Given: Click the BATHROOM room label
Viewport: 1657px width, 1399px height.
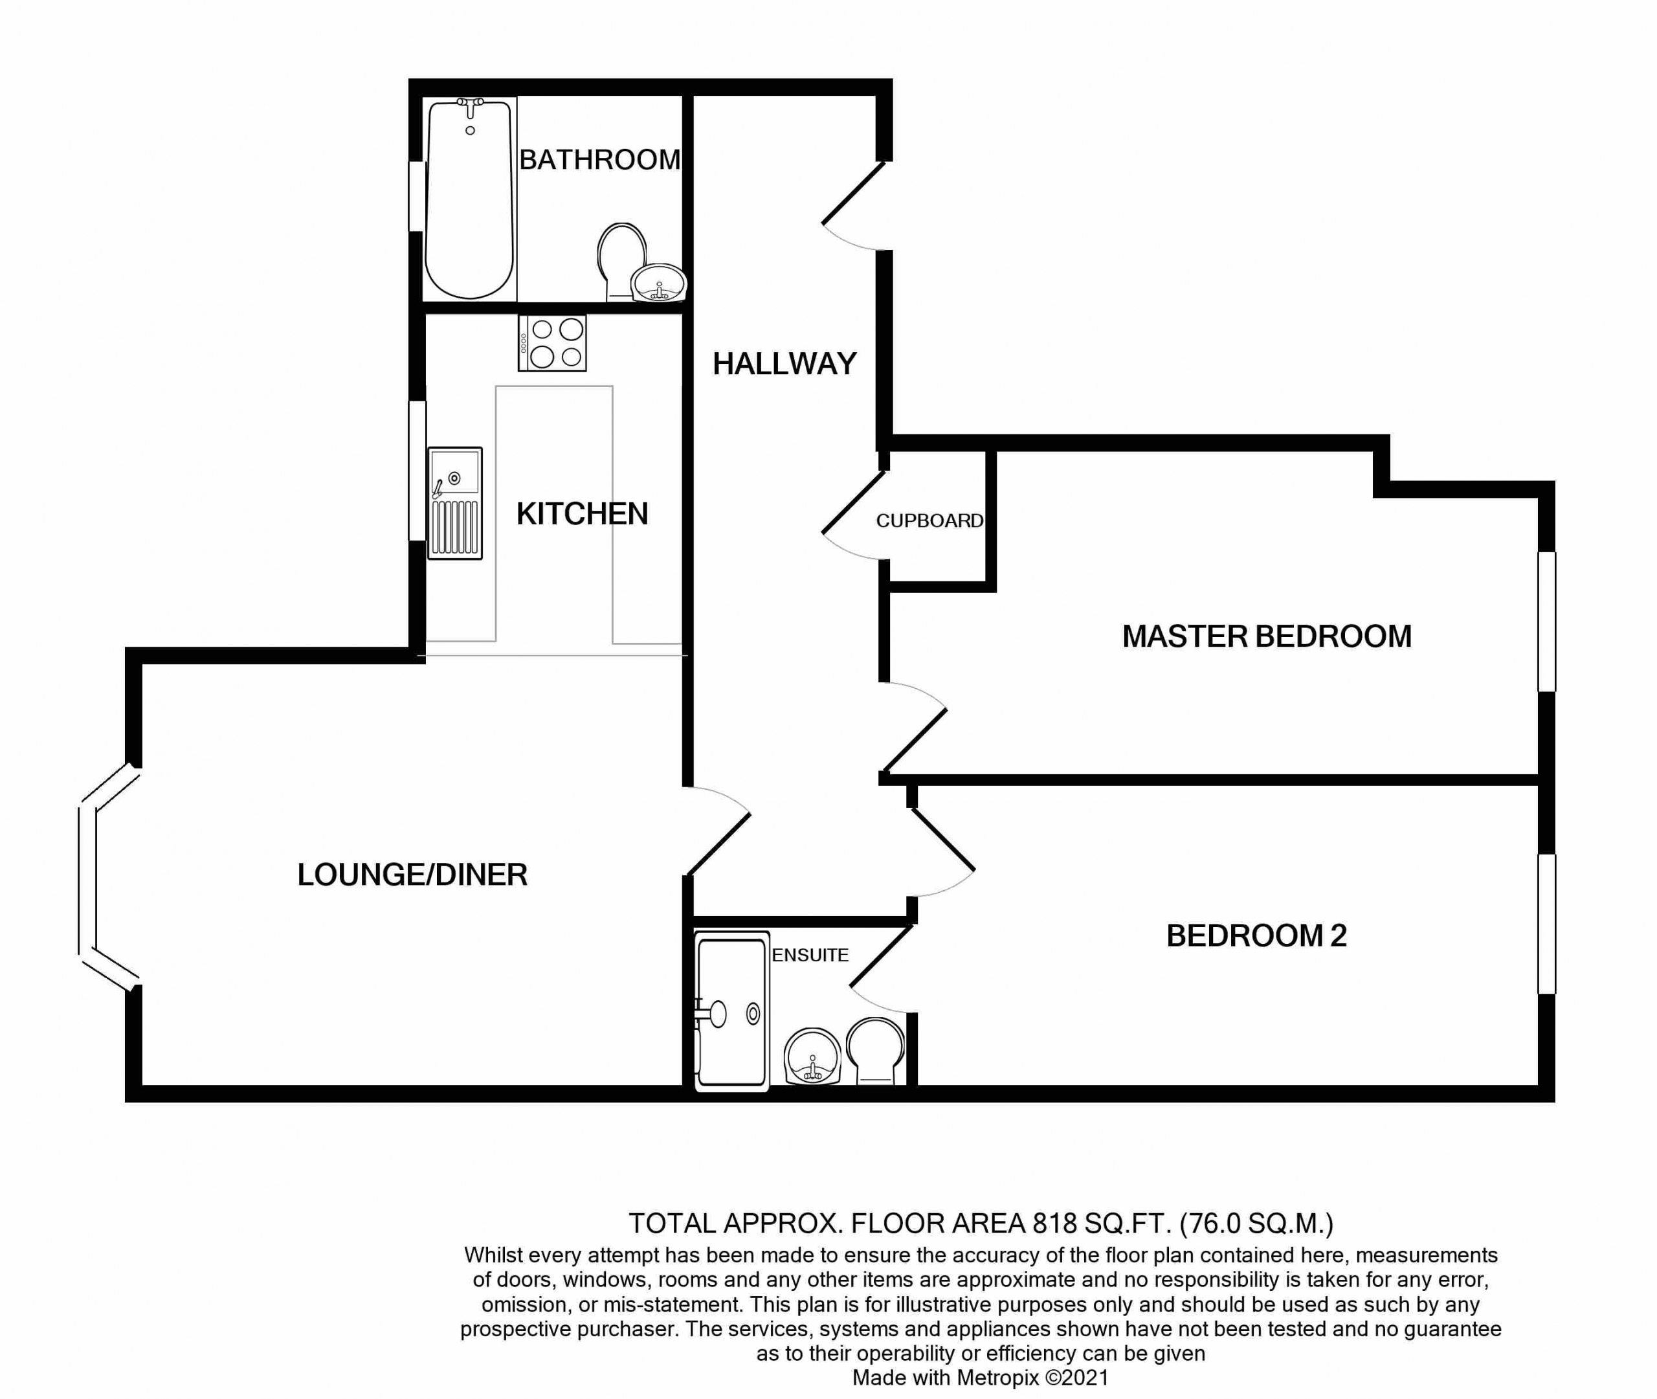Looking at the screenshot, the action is coord(599,159).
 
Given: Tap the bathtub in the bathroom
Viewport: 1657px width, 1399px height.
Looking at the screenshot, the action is coord(469,198).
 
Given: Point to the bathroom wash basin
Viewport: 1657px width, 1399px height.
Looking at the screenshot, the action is coord(659,283).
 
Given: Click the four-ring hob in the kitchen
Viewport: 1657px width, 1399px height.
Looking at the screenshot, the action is coord(552,342).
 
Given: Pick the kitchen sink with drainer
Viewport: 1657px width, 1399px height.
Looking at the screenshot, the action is coord(455,503).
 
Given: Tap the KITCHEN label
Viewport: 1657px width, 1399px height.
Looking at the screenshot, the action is coord(582,514).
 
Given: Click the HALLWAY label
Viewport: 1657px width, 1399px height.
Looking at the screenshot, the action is coord(785,364).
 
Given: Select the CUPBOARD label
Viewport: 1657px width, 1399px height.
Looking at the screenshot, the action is coord(929,520).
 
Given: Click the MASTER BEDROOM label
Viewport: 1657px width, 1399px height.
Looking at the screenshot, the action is coord(1267,636).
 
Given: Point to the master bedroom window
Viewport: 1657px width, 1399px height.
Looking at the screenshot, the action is coord(1547,621).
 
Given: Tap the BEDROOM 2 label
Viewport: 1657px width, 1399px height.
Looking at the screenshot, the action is coord(1256,936).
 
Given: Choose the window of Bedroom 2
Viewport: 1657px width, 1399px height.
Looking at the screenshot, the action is coord(1547,923).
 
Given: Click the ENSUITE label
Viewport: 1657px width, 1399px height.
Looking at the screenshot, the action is coord(810,955).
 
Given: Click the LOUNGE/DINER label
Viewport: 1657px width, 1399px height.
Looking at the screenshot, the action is coord(412,875).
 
